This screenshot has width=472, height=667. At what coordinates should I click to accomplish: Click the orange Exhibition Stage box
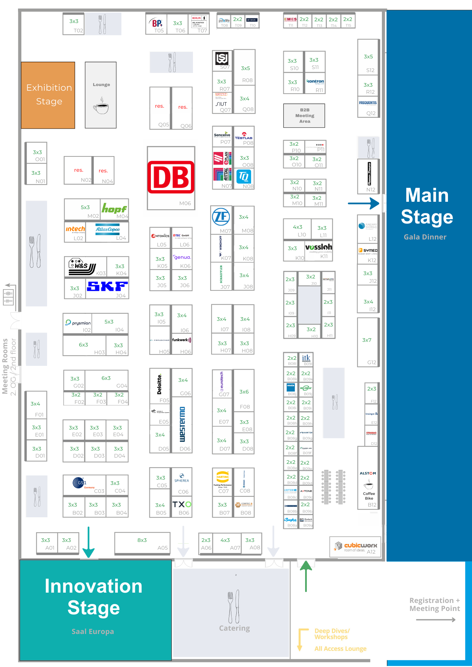[x=48, y=95]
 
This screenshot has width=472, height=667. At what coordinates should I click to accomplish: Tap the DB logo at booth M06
[x=171, y=177]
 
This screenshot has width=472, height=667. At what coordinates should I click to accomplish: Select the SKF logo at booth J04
[x=107, y=286]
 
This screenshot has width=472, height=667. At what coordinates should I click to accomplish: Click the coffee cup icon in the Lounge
[x=101, y=106]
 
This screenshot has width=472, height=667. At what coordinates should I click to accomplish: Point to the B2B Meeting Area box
[x=304, y=116]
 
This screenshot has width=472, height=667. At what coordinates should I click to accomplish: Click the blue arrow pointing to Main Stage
[x=363, y=203]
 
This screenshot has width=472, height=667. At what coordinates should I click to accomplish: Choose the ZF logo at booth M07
[x=221, y=217]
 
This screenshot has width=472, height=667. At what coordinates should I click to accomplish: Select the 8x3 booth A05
[x=143, y=543]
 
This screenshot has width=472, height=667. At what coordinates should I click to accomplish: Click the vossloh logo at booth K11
[x=318, y=247]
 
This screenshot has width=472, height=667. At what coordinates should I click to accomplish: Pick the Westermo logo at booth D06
[x=182, y=424]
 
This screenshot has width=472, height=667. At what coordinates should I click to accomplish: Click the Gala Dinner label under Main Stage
[x=425, y=237]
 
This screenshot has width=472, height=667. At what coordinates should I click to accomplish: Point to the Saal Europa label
[x=93, y=631]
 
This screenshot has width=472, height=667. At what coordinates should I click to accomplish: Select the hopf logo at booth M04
[x=114, y=209]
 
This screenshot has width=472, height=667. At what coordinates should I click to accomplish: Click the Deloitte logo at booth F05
[x=160, y=384]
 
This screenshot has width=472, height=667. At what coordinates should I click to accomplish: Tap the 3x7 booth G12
[x=368, y=342]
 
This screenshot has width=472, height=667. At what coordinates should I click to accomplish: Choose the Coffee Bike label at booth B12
[x=369, y=496]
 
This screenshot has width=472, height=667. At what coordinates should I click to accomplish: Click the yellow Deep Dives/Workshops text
[x=332, y=634]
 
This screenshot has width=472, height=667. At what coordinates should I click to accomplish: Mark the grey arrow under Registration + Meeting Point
[x=436, y=620]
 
